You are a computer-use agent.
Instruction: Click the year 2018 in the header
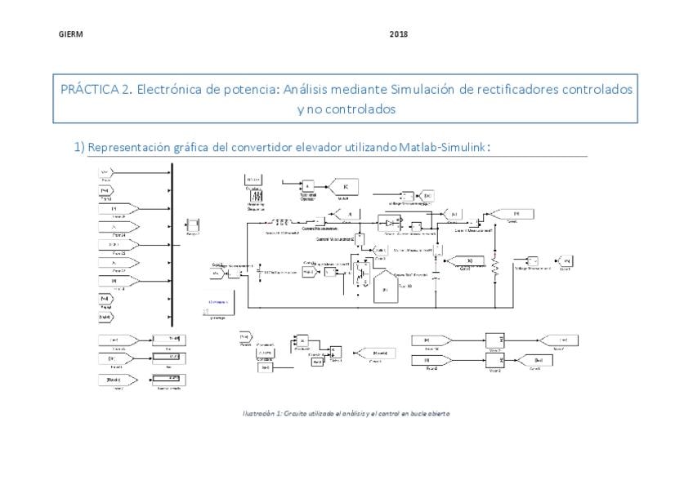pyautogui.click(x=399, y=34)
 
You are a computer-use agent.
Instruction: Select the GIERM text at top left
pyautogui.click(x=71, y=34)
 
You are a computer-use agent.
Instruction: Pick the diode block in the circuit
pyautogui.click(x=392, y=221)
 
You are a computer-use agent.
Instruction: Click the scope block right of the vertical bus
pyautogui.click(x=194, y=225)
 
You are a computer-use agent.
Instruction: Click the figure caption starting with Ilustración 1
pyautogui.click(x=346, y=413)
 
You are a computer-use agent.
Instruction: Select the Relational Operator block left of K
pyautogui.click(x=309, y=186)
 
